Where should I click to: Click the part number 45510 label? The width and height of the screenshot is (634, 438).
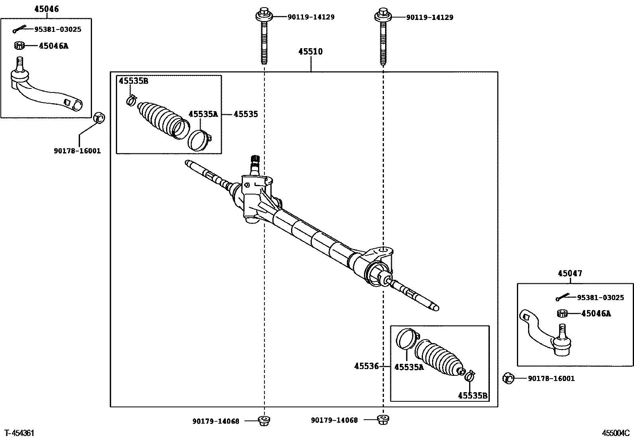311,51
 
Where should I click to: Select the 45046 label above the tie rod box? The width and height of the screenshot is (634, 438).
46,9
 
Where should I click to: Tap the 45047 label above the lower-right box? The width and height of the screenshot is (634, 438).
570,273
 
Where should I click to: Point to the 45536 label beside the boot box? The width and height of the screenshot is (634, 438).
366,366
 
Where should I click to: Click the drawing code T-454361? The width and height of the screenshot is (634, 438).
20,432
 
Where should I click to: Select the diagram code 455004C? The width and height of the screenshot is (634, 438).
616,433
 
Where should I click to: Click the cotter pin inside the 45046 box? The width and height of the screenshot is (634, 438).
18,29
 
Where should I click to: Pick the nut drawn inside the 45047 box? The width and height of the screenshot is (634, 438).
562,313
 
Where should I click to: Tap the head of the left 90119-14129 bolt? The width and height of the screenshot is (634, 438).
264,14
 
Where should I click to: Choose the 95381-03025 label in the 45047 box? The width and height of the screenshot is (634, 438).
601,298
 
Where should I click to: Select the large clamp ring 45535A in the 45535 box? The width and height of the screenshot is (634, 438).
199,140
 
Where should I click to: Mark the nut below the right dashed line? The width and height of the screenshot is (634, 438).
383,420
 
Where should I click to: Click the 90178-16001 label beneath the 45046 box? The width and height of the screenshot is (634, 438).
77,151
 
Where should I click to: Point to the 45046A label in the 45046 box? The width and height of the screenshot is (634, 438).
53,46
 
